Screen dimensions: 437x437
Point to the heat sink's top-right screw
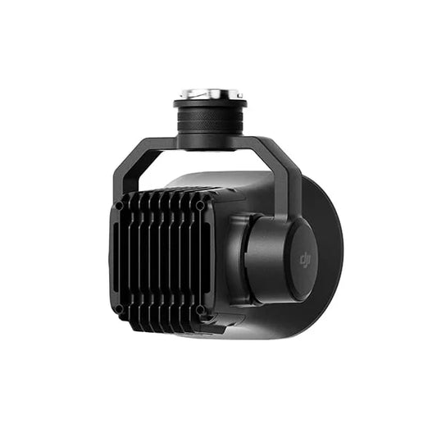click(x=201, y=205)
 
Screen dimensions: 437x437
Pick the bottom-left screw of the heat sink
click(x=119, y=309)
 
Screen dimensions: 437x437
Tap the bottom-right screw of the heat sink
click(x=201, y=310)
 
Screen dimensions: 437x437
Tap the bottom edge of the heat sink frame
click(x=160, y=322)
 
